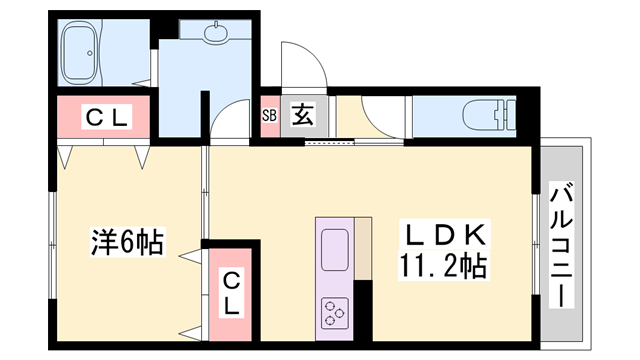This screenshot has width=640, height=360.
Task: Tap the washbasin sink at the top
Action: [x=216, y=33]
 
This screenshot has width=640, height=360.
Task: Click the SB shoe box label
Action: [x=269, y=115]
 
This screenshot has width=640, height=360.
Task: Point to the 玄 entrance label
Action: [x=302, y=115]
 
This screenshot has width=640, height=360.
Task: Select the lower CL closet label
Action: [x=231, y=291]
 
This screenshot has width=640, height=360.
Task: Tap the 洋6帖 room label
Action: [x=128, y=241]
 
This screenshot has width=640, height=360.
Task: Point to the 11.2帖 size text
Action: [x=447, y=266]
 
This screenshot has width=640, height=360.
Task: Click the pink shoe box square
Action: [x=269, y=115]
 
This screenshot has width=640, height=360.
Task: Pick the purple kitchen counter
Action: [x=336, y=276]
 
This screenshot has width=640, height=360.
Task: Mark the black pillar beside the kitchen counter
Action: [x=362, y=306]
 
